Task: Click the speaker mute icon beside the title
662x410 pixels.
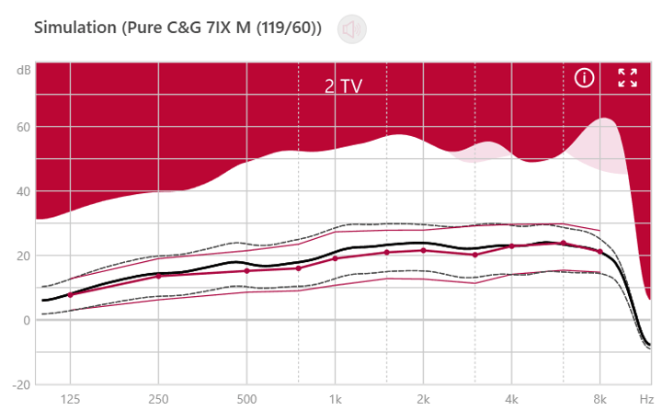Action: pos(350,28)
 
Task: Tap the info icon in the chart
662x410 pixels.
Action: pos(585,77)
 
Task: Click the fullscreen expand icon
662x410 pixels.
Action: pos(628,77)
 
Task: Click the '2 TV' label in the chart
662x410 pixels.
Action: pos(343,86)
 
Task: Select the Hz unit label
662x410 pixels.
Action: pos(646,400)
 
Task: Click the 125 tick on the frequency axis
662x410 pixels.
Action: pos(70,400)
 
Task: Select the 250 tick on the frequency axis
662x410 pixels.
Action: pos(158,400)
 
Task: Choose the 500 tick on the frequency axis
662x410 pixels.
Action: pos(246,400)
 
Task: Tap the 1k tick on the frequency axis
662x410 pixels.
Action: pos(335,400)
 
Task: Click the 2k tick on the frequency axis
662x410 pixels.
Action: pos(423,400)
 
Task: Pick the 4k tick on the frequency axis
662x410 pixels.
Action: pos(511,400)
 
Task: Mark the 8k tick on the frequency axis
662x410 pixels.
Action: pos(599,400)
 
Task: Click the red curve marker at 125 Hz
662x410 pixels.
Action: pos(70,294)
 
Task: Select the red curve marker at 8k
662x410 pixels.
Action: pos(599,251)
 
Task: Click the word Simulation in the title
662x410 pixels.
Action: pos(76,28)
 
